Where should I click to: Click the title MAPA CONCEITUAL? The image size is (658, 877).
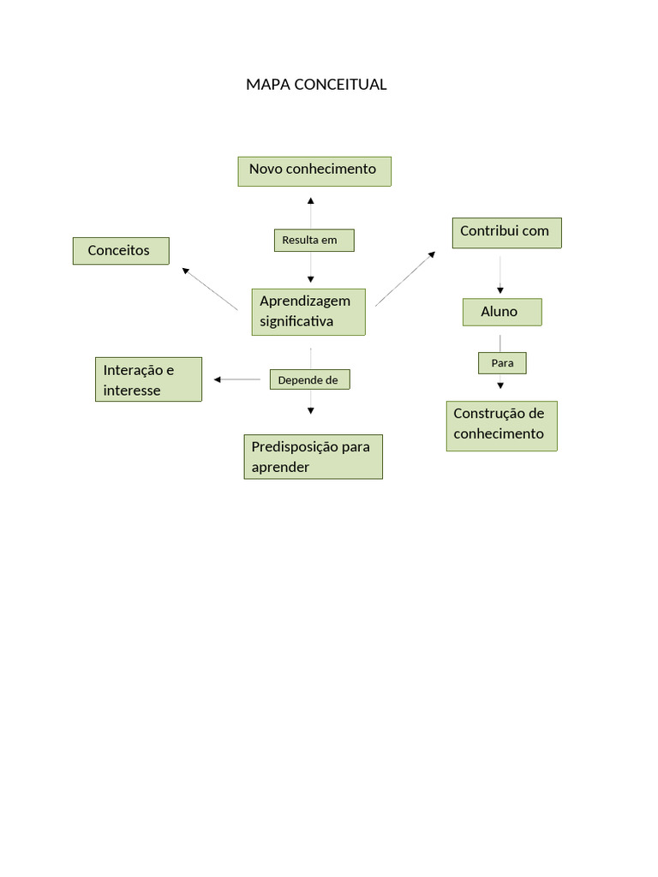(x=316, y=85)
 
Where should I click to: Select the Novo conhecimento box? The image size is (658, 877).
(x=314, y=171)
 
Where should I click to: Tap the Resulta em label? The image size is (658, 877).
(x=314, y=241)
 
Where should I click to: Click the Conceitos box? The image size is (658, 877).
(x=121, y=251)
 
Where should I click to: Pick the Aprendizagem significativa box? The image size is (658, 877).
(x=308, y=312)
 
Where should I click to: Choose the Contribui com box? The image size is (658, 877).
(x=506, y=233)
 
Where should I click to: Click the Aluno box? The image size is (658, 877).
(x=501, y=313)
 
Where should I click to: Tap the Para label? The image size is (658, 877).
(x=502, y=363)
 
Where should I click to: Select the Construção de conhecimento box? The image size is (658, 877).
(x=501, y=426)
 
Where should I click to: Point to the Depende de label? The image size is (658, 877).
(x=309, y=379)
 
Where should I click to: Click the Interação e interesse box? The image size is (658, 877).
(x=148, y=379)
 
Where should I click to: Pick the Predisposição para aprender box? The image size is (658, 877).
(x=313, y=456)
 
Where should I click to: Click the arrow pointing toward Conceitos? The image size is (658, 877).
(x=209, y=289)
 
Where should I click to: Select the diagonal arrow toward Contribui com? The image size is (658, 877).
(x=405, y=278)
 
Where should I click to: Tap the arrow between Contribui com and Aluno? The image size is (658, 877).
(x=500, y=275)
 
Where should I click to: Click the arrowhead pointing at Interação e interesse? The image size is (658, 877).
(x=218, y=379)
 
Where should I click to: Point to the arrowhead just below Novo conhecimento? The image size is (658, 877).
(x=310, y=200)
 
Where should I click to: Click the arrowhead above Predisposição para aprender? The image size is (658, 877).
(x=311, y=411)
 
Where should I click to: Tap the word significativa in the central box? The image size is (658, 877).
(x=296, y=322)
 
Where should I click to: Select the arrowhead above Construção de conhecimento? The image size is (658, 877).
(x=501, y=386)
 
